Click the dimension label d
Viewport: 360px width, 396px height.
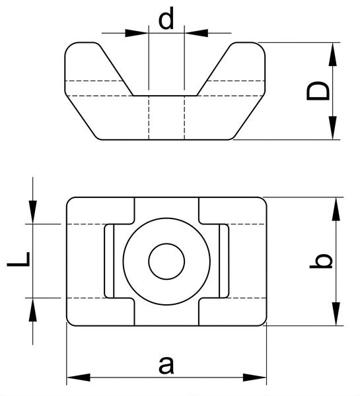pyautogui.click(x=166, y=18)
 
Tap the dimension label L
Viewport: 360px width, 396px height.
pyautogui.click(x=18, y=259)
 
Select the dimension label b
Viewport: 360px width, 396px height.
pyautogui.click(x=321, y=261)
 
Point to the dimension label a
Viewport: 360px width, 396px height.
pyautogui.click(x=166, y=365)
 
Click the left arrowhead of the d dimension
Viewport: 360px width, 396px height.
pyautogui.click(x=137, y=33)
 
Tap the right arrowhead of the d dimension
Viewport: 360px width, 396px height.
pyautogui.click(x=196, y=33)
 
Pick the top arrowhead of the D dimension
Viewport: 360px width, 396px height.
pyautogui.click(x=333, y=54)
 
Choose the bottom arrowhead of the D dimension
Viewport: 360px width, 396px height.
pyautogui.click(x=333, y=128)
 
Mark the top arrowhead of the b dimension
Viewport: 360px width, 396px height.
pyautogui.click(x=336, y=209)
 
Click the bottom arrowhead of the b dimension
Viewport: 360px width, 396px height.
pyautogui.click(x=336, y=314)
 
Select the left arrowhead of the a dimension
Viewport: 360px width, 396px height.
pyautogui.click(x=79, y=378)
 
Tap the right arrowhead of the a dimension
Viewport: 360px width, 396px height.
pyautogui.click(x=255, y=378)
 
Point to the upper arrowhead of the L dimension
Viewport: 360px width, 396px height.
pyautogui.click(x=32, y=212)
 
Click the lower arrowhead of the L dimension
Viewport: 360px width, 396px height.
pyautogui.click(x=32, y=310)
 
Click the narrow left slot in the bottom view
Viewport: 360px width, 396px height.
pyautogui.click(x=109, y=261)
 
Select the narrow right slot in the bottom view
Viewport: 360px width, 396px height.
pyautogui.click(x=224, y=261)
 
